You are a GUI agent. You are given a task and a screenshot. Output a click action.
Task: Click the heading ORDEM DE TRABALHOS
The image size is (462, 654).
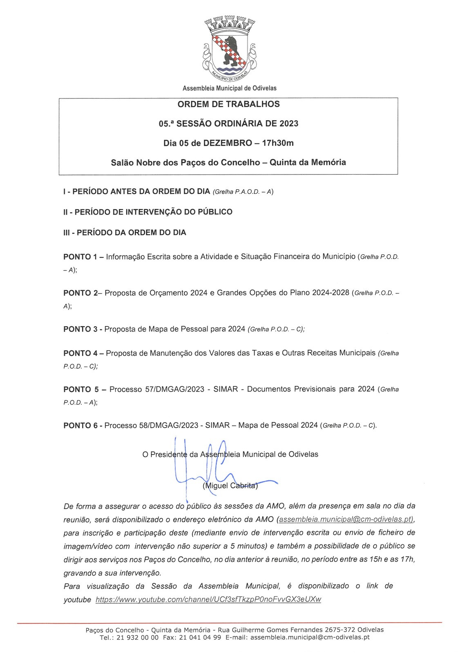228,104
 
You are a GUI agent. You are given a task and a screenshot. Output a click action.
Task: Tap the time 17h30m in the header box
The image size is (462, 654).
278,143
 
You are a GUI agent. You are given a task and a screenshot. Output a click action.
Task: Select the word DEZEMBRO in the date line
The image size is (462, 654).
228,143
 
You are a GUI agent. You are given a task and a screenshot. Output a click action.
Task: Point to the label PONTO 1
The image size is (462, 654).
80,257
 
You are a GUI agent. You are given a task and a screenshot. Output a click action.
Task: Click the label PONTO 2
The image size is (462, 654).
81,293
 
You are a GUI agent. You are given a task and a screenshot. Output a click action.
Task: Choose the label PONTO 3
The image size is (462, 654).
80,329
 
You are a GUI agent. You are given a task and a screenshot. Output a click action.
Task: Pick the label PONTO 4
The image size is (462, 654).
80,353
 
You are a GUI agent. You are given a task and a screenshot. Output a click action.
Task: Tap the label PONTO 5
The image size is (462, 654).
81,390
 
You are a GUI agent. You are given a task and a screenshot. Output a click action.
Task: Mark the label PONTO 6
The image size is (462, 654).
80,426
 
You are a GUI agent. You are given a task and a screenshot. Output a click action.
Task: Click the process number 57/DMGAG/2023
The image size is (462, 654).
174,389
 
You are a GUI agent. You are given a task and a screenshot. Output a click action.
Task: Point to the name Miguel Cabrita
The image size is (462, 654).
230,486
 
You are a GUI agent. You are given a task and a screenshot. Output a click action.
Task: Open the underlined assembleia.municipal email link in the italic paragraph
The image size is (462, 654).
345,520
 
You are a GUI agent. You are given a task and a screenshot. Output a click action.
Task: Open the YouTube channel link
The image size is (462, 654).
208,600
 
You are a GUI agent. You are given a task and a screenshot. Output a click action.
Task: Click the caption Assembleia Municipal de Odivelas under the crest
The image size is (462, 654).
229,88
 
